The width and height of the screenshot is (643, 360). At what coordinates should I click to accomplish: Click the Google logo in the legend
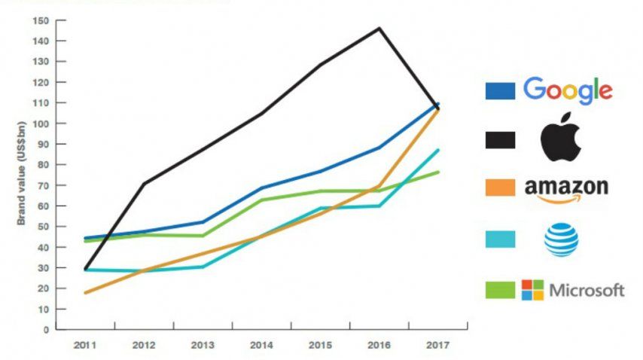coord(568,90)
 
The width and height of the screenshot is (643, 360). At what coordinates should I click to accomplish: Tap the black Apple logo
coord(560,139)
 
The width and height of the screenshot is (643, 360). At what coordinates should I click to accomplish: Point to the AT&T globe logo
coord(561,239)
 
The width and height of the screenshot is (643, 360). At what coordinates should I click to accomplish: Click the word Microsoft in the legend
coord(587,290)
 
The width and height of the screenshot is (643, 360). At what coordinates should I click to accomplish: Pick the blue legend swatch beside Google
coord(500,91)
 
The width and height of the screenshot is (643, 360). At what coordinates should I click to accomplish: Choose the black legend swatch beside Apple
coord(500,139)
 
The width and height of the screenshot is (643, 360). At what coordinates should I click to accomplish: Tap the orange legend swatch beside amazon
coord(500,188)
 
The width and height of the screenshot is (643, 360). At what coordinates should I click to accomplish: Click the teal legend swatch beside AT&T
coord(500,239)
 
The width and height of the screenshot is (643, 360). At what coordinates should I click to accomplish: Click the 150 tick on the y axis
coord(41,20)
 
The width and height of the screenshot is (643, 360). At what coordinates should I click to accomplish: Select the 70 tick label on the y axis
coord(44,185)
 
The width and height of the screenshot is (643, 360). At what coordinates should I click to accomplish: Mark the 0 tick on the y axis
coord(46,330)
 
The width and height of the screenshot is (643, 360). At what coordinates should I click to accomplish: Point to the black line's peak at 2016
coord(379,29)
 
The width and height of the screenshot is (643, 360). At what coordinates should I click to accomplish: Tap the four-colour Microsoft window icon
coord(533,290)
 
